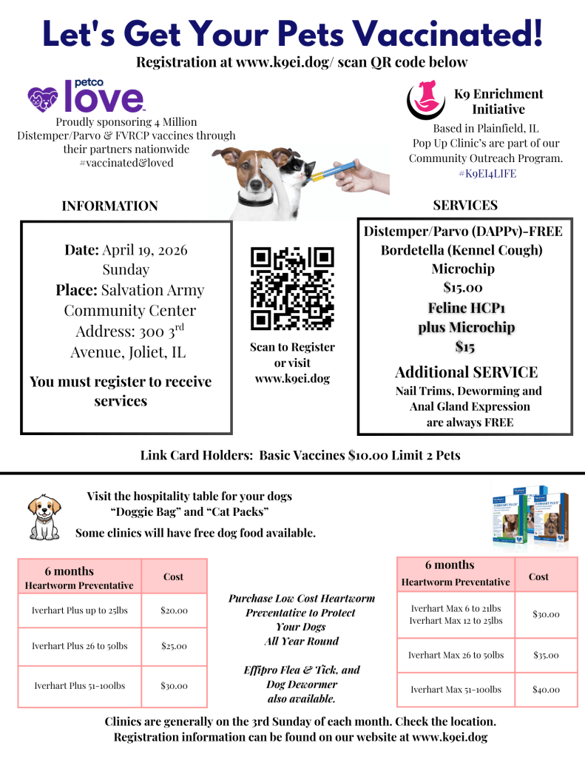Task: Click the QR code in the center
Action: [x=293, y=288]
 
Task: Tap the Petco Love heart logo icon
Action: [x=43, y=96]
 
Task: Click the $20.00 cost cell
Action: [x=174, y=610]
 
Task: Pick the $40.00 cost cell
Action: [x=546, y=690]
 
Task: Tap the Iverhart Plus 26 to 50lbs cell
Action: [x=80, y=646]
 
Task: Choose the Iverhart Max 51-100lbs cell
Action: [x=456, y=690]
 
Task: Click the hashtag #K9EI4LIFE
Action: [x=487, y=174]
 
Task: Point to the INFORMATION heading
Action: [x=109, y=206]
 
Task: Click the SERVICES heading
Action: [x=465, y=205]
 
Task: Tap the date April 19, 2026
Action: [x=145, y=250]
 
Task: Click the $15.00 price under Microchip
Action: [x=463, y=288]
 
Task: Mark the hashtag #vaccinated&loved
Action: [x=126, y=163]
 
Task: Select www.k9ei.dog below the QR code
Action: [x=293, y=379]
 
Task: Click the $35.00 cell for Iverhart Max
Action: [x=546, y=655]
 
